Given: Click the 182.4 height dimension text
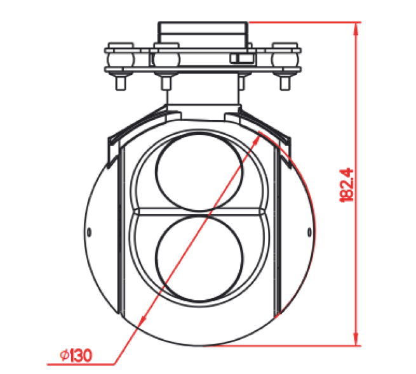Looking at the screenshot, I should coord(347,184).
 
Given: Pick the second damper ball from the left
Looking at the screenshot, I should coord(166,58).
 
